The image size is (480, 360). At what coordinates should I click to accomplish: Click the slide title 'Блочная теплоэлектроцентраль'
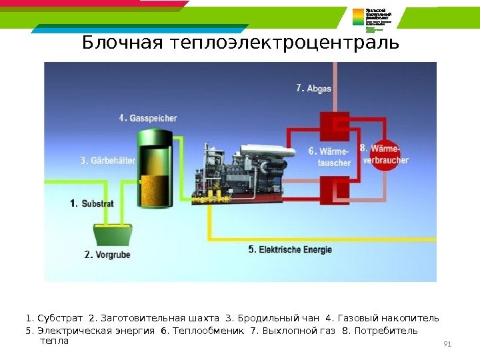pos(240,44)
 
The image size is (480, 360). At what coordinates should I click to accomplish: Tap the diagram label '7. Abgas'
pos(313,88)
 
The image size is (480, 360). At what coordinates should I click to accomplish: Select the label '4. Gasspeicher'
pos(148,118)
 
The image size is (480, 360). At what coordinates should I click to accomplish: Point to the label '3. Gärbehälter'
pos(107,161)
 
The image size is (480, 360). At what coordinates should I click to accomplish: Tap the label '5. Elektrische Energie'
pos(289,250)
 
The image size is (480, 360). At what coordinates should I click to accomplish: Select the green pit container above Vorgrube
pos(112,234)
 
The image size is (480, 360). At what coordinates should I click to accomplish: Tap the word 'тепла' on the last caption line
pos(55,341)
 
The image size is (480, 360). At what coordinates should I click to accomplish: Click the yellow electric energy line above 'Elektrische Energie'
pos(320,238)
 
